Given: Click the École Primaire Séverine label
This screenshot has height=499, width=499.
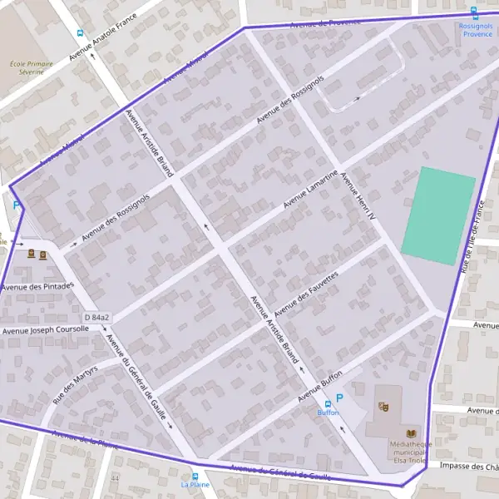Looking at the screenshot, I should coord(31,67).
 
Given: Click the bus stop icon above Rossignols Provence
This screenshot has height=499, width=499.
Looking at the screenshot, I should coord(474,12).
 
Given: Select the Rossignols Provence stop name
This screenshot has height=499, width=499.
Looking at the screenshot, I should coord(477,30).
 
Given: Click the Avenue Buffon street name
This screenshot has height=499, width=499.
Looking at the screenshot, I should coord(320,385).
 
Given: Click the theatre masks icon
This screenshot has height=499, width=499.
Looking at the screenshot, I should coord(383,407).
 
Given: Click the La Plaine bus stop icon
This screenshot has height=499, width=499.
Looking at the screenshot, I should coord(195,476).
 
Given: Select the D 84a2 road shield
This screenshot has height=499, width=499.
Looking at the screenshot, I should coord(97,318).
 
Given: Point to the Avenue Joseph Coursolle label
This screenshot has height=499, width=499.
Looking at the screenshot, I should coord(45,330).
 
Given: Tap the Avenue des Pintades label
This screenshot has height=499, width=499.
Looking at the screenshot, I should coord(37,287).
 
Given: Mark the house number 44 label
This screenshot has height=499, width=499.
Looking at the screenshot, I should coord(115,479).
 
